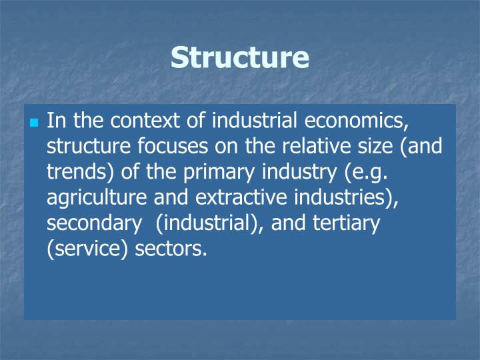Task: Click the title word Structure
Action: [x=240, y=57]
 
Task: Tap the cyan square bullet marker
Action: [x=35, y=123]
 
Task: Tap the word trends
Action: [x=73, y=171]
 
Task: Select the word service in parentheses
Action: [x=80, y=247]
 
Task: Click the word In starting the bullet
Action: [x=56, y=121]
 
